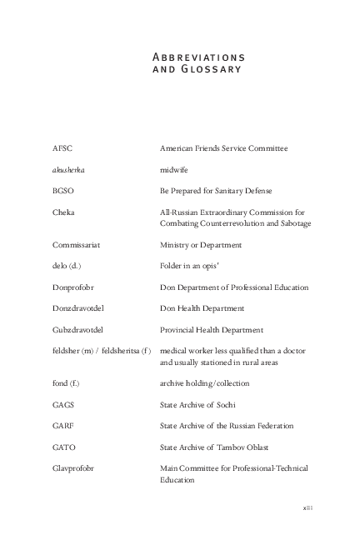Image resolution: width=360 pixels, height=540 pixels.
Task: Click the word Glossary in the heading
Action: click(212, 69)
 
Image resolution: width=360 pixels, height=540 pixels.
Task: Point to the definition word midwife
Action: click(174, 170)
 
